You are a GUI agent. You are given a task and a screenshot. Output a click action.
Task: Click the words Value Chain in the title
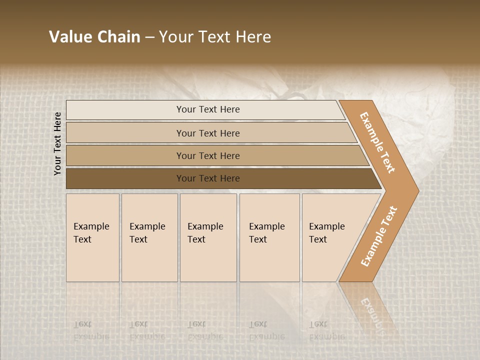click(x=94, y=37)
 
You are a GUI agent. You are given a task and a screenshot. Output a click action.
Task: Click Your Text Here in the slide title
click(x=215, y=37)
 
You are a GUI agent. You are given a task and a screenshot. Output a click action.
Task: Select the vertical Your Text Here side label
click(x=57, y=143)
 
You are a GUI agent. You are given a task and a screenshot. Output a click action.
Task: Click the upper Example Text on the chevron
click(x=377, y=142)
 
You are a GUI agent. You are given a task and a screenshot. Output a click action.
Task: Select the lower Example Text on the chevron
click(x=378, y=236)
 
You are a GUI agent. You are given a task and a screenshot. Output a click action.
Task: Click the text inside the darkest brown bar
click(x=208, y=178)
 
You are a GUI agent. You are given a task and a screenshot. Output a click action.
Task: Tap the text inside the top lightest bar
click(x=208, y=109)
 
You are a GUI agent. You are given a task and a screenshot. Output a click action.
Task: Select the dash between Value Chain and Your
click(x=149, y=37)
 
